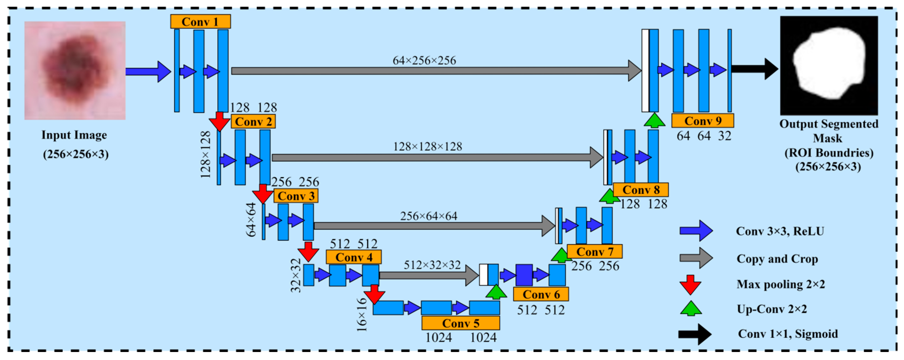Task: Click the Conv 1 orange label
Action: pos(200,22)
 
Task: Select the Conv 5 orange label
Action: pos(460,323)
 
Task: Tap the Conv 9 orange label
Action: pos(702,121)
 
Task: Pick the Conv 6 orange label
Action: pos(541,294)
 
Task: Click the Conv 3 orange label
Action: pos(296,196)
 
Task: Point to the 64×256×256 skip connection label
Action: pos(424,61)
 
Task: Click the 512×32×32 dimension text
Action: pos(432,265)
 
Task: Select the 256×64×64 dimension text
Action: pos(428,216)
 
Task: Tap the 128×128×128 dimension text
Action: pos(427,147)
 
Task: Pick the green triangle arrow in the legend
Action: pos(691,309)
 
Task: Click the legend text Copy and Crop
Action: pos(777,259)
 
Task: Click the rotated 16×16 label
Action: pos(361,315)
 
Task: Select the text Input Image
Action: pos(74,135)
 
